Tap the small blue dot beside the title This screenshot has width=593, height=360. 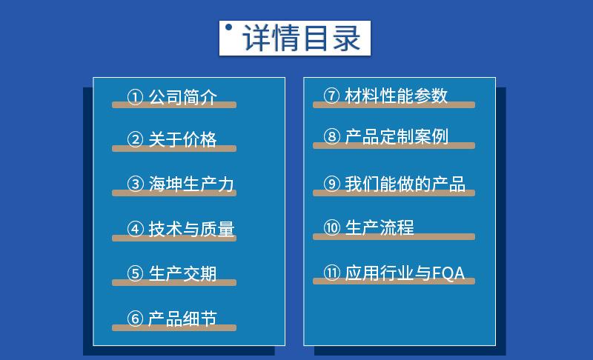(x=229, y=28)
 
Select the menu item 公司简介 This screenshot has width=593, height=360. (x=182, y=97)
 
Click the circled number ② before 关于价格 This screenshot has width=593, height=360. (x=135, y=140)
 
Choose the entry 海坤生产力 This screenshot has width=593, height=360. (x=191, y=184)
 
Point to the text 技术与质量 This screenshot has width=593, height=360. (x=191, y=229)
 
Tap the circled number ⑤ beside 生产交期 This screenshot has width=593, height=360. (x=135, y=274)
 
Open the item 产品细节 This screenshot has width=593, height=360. (x=182, y=319)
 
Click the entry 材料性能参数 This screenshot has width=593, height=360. (x=396, y=96)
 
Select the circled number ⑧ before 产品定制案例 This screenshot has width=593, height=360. (x=331, y=137)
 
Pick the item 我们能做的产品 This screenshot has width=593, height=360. (x=405, y=184)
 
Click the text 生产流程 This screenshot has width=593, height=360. (x=380, y=227)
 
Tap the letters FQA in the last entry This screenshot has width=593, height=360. (x=448, y=273)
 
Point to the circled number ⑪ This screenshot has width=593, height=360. (x=331, y=273)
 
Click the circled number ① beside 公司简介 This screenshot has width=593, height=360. (x=135, y=98)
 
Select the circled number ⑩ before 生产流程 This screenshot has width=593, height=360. (x=331, y=228)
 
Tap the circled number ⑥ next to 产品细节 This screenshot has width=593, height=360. (x=135, y=319)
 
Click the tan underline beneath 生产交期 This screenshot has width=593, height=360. (x=174, y=283)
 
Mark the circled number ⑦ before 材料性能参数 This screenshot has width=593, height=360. (x=331, y=96)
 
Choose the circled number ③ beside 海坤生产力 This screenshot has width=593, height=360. (x=135, y=184)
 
